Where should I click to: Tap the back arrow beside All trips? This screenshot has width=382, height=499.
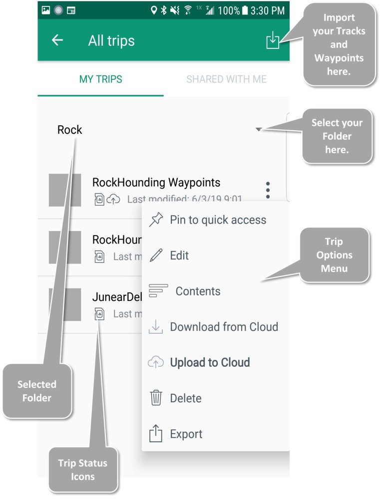[x=57, y=40]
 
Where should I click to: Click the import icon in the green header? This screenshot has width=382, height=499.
[x=273, y=40]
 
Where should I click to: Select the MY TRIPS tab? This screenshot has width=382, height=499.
[x=100, y=79]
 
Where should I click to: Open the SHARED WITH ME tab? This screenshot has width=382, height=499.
[x=226, y=79]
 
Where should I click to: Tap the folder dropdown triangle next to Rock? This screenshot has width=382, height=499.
[x=258, y=130]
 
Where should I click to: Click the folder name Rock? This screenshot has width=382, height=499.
[x=70, y=130]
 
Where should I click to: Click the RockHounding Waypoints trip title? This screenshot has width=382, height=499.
[x=156, y=183]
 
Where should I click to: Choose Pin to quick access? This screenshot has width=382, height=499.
[x=218, y=220]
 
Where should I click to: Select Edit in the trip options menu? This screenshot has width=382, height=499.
[x=179, y=255]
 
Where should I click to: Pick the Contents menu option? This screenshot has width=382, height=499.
[x=198, y=291]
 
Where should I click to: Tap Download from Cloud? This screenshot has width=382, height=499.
[x=224, y=327]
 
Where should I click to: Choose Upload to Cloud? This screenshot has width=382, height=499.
[x=210, y=363]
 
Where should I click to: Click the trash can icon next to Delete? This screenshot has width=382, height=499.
[x=156, y=398]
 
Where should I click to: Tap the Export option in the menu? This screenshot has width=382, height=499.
[x=186, y=434]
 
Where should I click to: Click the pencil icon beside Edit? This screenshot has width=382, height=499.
[x=156, y=255]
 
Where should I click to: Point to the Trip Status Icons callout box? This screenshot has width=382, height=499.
[x=83, y=470]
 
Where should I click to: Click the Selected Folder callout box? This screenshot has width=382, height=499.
[x=37, y=391]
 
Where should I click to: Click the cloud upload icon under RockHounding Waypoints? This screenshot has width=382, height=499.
[x=114, y=200]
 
